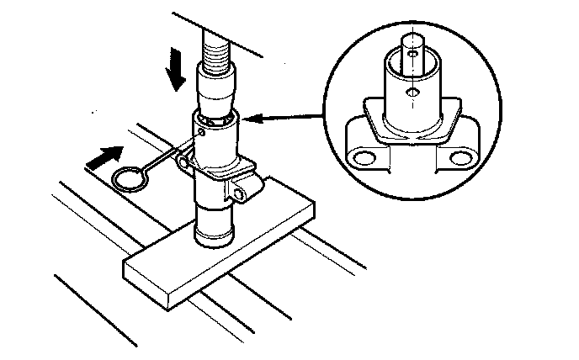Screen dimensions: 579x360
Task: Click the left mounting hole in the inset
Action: pyautogui.click(x=364, y=157)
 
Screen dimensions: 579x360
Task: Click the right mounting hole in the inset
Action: pyautogui.click(x=459, y=157)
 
